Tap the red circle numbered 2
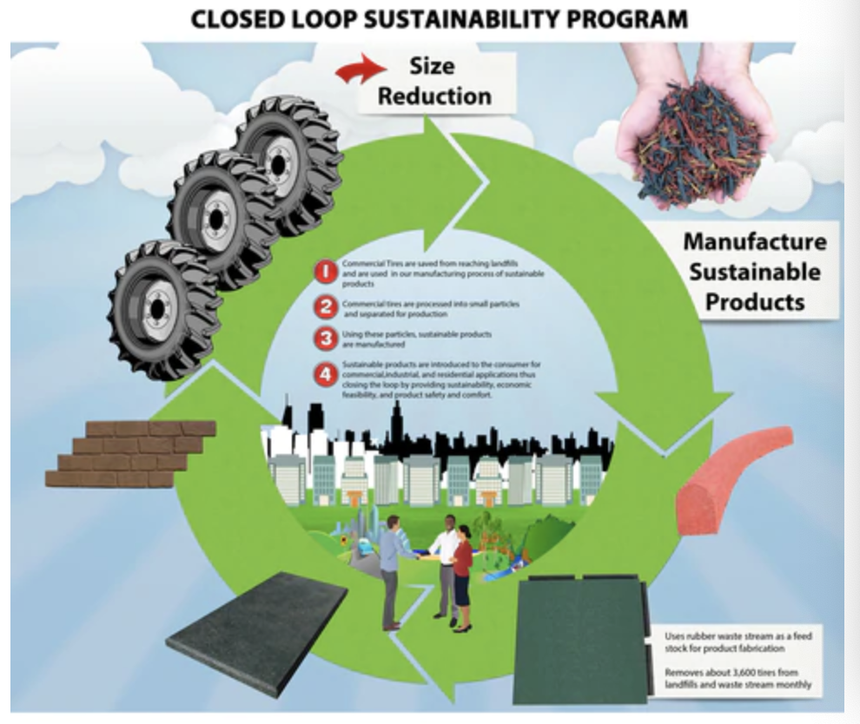[325, 306]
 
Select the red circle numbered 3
[325, 339]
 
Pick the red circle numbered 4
[325, 376]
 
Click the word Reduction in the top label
[434, 95]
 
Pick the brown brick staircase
[130, 454]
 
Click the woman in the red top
[462, 573]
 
